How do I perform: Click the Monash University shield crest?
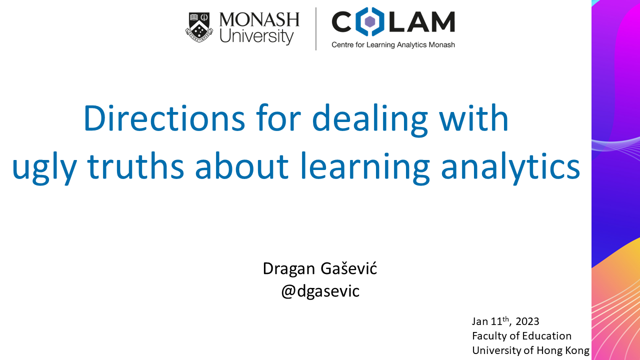coord(199,27)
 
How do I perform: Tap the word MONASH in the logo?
coord(259,19)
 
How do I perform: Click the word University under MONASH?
coord(256,36)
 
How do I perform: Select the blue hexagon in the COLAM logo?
coord(370,21)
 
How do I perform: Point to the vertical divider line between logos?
coord(315,29)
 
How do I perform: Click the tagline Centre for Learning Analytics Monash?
coord(393,45)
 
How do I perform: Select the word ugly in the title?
coord(44,168)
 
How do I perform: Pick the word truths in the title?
coord(135,165)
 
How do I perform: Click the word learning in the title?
coord(365,168)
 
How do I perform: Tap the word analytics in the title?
coord(510,168)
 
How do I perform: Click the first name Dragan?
coord(289,269)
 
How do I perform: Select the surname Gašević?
coord(349,268)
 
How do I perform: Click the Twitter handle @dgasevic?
coord(320,291)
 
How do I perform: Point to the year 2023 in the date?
coord(527,321)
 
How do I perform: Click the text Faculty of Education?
coord(521,336)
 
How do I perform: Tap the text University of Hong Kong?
coord(531,350)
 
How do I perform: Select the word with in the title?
coord(473,117)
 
